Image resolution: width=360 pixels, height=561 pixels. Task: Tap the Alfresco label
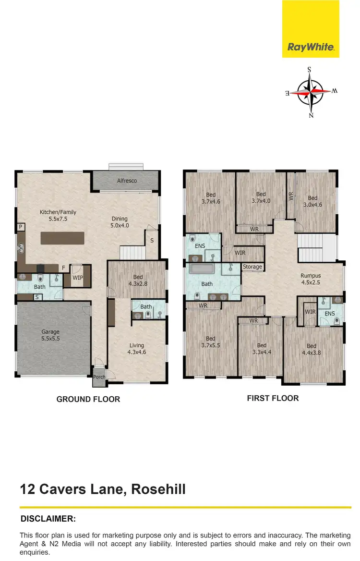(x=127, y=181)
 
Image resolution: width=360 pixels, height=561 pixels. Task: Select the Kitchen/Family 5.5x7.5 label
(x=58, y=216)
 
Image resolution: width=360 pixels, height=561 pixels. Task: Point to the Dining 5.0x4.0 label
(x=120, y=222)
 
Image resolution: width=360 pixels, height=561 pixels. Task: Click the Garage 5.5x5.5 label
(x=50, y=335)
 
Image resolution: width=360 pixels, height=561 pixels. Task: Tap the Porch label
(x=99, y=377)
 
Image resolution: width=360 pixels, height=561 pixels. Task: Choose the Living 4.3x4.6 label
(x=136, y=349)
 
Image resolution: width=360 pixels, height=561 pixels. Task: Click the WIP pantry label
(x=77, y=278)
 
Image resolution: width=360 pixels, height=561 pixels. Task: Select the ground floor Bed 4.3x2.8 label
(x=138, y=280)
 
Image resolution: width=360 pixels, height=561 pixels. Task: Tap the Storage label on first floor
(x=252, y=267)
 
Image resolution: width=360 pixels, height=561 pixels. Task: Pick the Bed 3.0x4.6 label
(x=312, y=201)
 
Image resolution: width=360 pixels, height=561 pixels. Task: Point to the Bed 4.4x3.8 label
(x=312, y=349)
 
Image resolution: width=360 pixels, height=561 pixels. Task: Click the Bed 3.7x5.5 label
(x=211, y=341)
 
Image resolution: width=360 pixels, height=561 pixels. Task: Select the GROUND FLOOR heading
(x=88, y=399)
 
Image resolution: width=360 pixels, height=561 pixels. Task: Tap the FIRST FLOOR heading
(x=273, y=398)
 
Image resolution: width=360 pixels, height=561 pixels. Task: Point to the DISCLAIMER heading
(x=48, y=519)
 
